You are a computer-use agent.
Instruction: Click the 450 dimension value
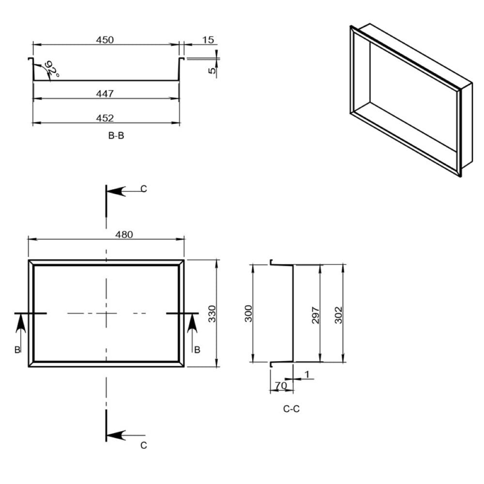(x=105, y=40)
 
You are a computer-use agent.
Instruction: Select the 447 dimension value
(x=105, y=93)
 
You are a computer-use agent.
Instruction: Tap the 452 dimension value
(x=105, y=118)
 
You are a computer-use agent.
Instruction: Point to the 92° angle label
(x=52, y=69)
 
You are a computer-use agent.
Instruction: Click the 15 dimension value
(x=208, y=40)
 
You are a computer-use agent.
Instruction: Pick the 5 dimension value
(x=212, y=70)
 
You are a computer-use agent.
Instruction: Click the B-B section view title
(x=116, y=136)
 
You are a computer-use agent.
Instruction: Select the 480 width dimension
(x=124, y=235)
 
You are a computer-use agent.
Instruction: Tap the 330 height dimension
(x=212, y=314)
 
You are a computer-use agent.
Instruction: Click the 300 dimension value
(x=248, y=314)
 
